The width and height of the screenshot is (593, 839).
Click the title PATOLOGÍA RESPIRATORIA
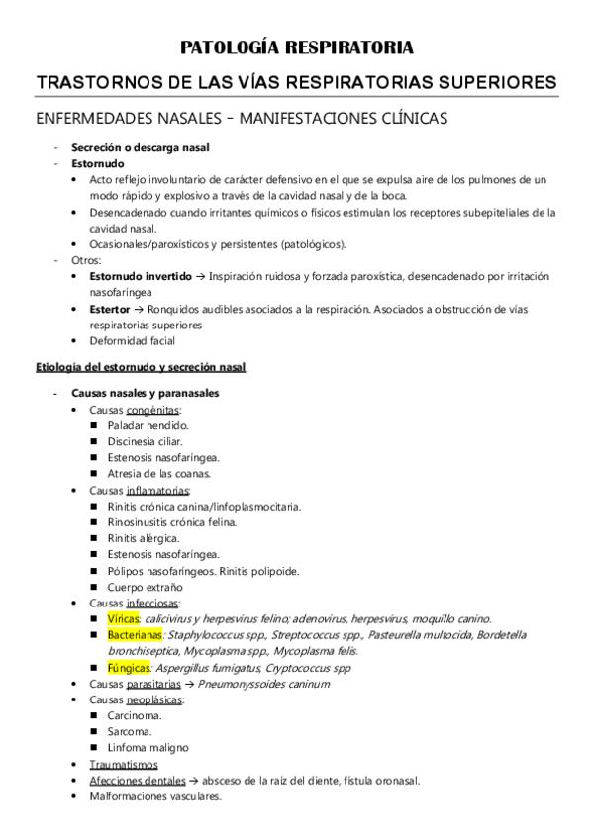tap(296, 47)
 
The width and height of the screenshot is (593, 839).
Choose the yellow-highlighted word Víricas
tap(124, 617)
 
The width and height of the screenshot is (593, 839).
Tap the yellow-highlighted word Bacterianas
tap(137, 634)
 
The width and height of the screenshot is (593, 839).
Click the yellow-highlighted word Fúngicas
tap(129, 668)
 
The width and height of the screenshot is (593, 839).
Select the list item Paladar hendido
tap(148, 424)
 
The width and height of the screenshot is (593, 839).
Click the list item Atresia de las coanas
tap(158, 473)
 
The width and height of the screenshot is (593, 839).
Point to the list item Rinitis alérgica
tap(145, 538)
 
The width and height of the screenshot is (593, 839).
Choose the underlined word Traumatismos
tap(123, 764)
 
